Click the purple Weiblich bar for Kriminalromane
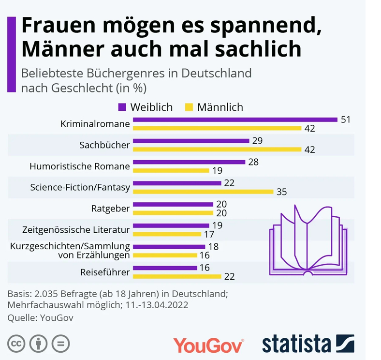pos(235,120)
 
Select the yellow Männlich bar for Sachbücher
pos(217,149)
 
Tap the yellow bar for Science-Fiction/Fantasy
pos(203,191)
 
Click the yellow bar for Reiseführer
pos(177,276)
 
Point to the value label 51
pos(345,120)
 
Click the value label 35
pos(282,192)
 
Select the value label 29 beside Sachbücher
pos(257,140)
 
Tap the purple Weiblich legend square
pos(122,107)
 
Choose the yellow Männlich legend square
pos(189,107)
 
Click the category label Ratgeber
pos(110,209)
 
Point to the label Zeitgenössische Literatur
pos(76,229)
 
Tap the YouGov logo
pos(208,345)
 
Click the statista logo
pos(308,344)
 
